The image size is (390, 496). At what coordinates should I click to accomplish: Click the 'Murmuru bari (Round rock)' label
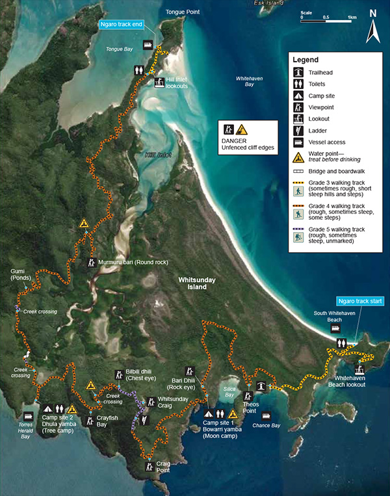coord(133,263)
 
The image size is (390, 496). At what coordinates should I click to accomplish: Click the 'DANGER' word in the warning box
coord(235,140)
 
